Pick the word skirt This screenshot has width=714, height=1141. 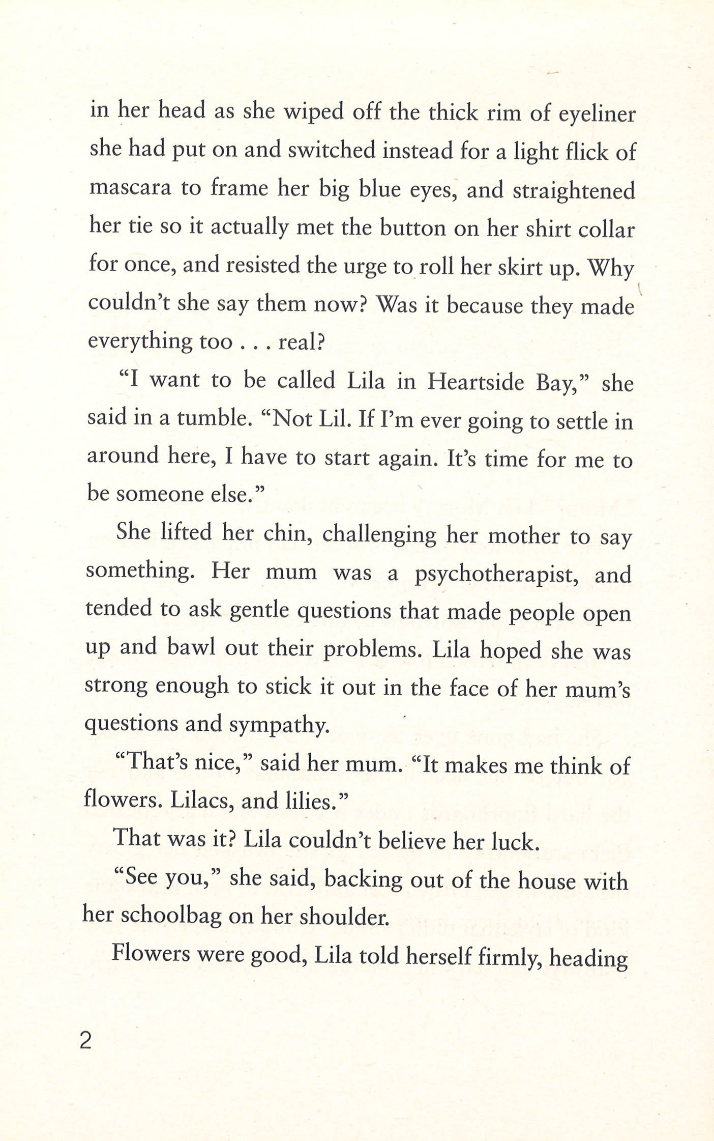513,268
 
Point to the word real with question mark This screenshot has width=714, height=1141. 301,342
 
